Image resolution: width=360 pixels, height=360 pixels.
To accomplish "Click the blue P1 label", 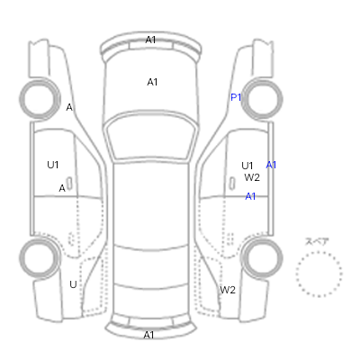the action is (x=236, y=97).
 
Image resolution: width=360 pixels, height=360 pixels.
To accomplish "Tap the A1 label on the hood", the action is (x=152, y=82).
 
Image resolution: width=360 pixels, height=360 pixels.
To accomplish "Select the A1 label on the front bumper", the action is (x=150, y=40).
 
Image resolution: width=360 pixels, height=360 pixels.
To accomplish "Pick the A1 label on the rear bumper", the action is (x=149, y=335).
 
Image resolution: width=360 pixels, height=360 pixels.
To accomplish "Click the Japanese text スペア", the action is (x=317, y=242).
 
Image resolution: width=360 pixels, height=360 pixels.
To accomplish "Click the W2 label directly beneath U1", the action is (x=252, y=177).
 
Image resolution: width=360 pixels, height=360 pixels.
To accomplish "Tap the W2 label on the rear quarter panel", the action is (x=228, y=290).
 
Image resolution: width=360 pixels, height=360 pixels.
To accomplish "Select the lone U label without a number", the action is (x=73, y=284).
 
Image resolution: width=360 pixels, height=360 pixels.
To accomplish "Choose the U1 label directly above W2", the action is (x=247, y=166).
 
